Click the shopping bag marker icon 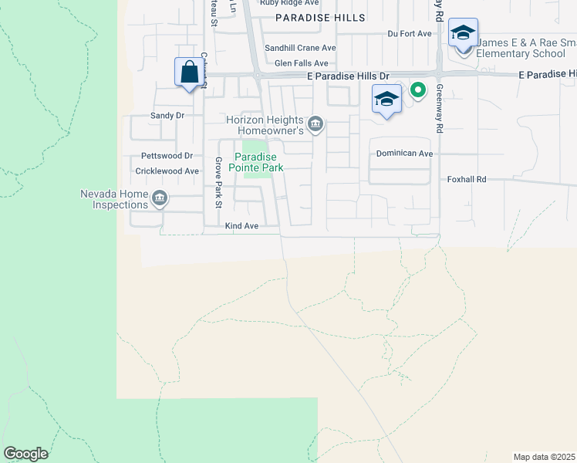click(189, 73)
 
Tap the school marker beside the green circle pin click(386, 100)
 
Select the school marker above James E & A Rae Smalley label click(463, 33)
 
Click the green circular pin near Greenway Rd click(418, 91)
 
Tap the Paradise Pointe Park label click(258, 161)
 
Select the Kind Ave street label click(241, 226)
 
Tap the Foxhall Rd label click(467, 179)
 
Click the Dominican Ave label click(404, 154)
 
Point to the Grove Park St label click(218, 183)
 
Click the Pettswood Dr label click(161, 155)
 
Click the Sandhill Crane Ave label click(300, 48)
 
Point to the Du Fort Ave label click(410, 34)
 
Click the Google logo click(25, 454)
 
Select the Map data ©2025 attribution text click(544, 457)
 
